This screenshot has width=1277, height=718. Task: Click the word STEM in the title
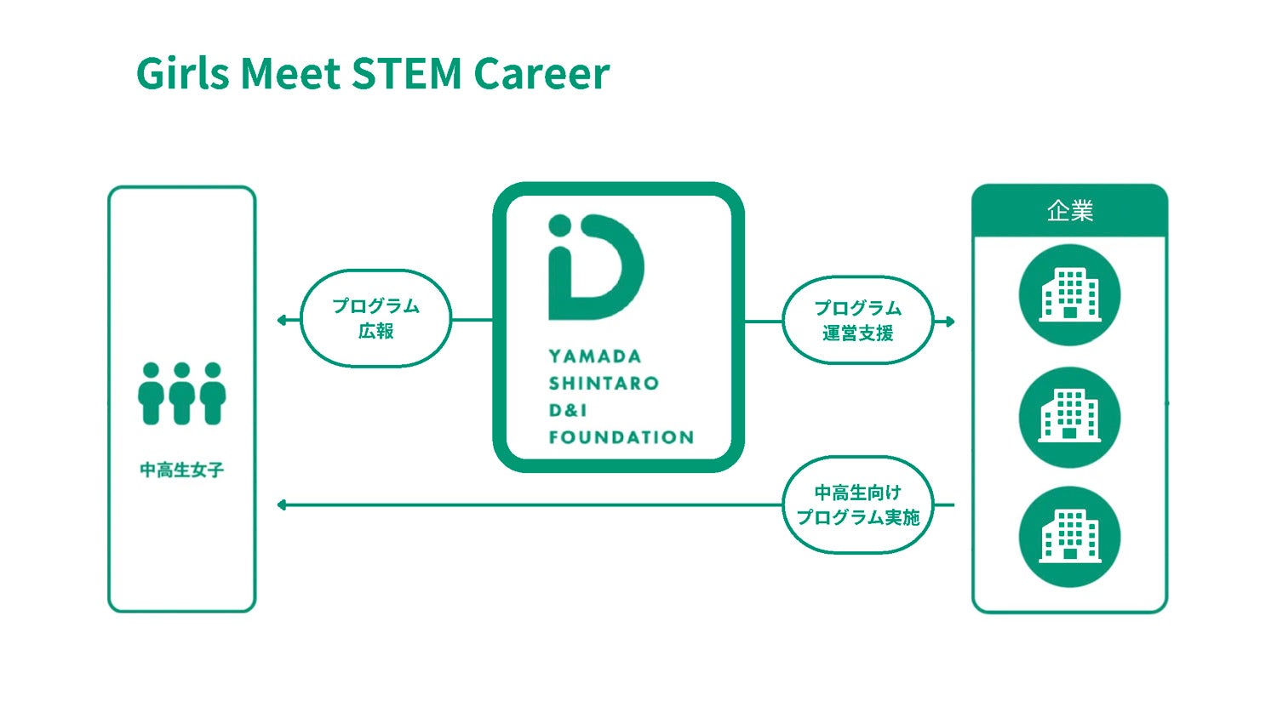(407, 73)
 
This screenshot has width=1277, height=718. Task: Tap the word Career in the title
(541, 73)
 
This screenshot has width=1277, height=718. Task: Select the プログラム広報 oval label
(375, 318)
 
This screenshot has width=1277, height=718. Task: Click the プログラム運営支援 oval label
(857, 321)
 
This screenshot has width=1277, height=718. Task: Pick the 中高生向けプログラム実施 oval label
(857, 504)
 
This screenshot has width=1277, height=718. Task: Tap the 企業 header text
(1069, 211)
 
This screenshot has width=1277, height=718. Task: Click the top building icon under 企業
(1069, 295)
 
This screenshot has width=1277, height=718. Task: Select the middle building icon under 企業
(1069, 417)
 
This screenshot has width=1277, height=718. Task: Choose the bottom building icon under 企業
(1069, 537)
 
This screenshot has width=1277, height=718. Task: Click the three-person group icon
(182, 394)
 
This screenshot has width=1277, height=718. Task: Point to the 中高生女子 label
(182, 470)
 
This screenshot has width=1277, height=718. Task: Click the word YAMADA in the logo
(595, 356)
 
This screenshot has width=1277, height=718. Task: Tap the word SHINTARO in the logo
(604, 384)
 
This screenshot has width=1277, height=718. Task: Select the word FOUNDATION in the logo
(621, 437)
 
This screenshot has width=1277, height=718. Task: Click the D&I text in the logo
(568, 411)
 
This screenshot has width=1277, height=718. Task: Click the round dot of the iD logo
(559, 225)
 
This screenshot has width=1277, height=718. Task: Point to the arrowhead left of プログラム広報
(282, 320)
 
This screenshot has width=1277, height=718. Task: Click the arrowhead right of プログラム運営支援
(949, 322)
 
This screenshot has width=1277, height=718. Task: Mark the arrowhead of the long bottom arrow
(282, 505)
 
